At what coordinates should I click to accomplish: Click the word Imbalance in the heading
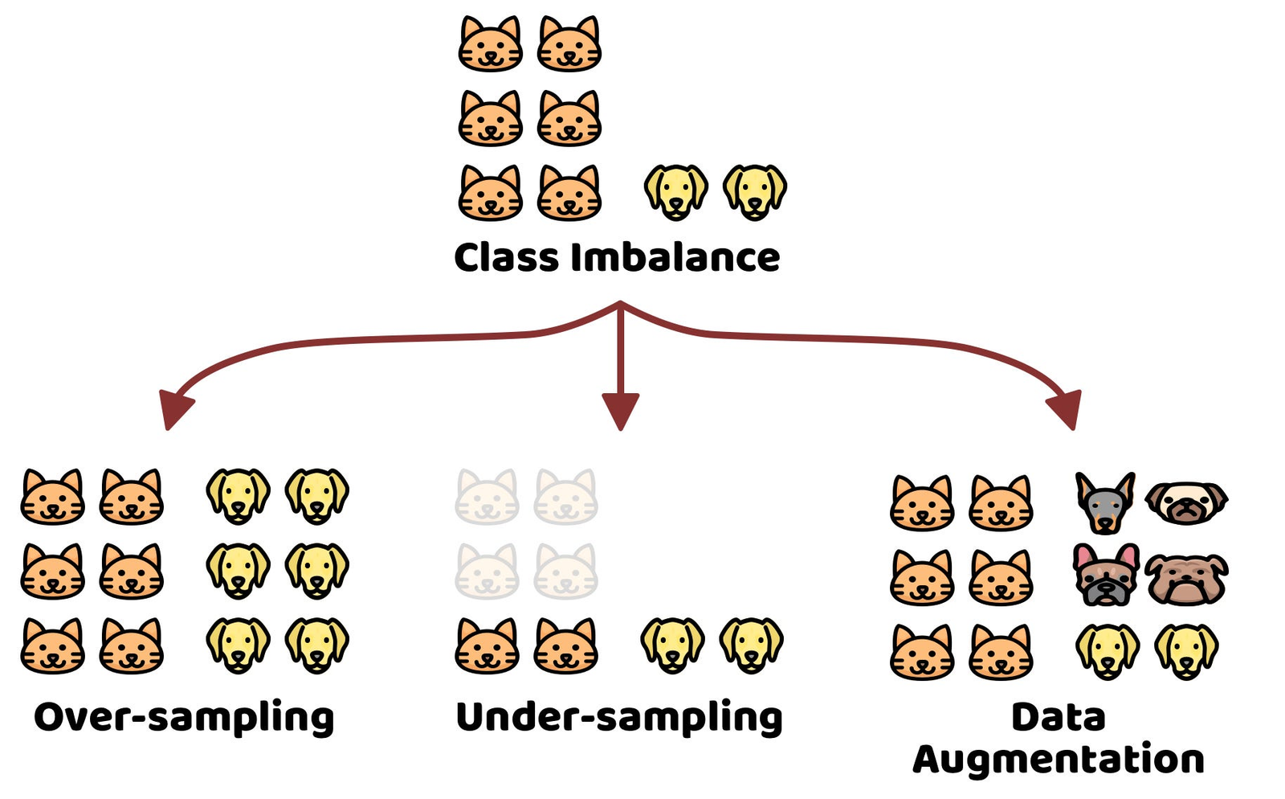675,258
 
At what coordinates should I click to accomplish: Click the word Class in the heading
506,258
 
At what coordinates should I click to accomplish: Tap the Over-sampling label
184,718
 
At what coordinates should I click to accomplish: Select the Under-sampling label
619,718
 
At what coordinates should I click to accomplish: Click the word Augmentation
1059,760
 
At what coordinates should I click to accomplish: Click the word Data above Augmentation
1059,717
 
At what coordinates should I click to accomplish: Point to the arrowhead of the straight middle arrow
620,410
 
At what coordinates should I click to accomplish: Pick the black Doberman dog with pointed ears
1105,503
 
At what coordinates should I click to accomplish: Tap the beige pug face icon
1186,502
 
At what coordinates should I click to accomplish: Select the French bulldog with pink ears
1106,576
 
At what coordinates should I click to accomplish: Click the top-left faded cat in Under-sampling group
487,498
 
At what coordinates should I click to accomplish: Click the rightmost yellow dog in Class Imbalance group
755,193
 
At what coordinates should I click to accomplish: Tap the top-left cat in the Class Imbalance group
490,45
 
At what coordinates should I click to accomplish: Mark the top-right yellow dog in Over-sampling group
317,496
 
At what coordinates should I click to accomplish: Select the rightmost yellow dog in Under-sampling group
751,645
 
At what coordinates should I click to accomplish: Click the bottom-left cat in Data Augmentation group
922,653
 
